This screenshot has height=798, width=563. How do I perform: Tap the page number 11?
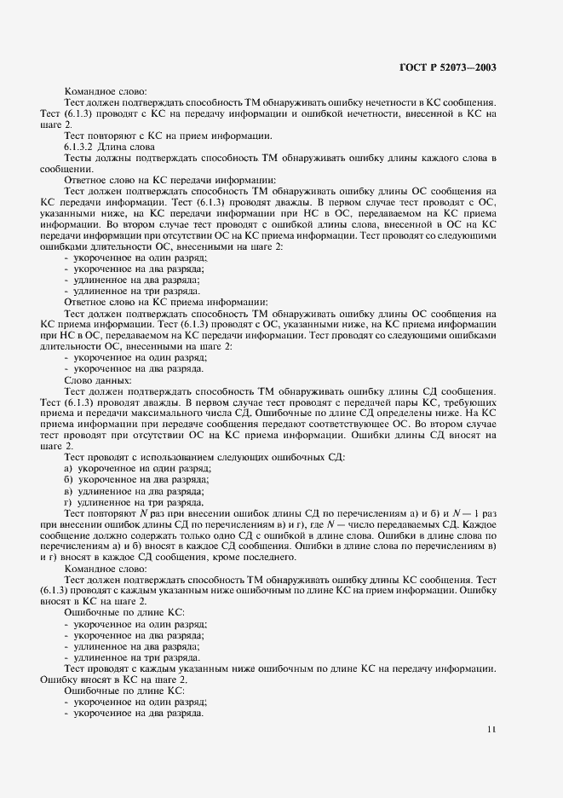click(x=491, y=730)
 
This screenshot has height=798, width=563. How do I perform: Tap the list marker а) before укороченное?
click(x=67, y=468)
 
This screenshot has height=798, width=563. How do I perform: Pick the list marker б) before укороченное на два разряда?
click(x=67, y=479)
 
